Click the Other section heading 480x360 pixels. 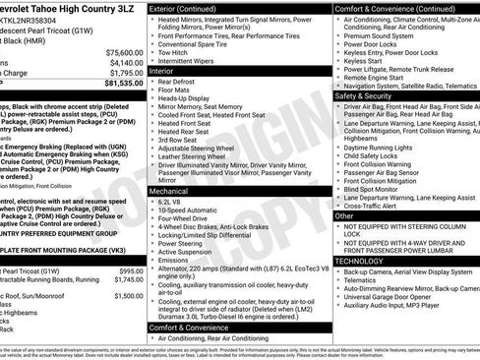tap(343, 214)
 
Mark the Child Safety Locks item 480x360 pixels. tap(370, 155)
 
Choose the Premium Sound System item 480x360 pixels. tap(378, 34)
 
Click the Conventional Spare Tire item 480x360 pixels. tap(204, 44)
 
